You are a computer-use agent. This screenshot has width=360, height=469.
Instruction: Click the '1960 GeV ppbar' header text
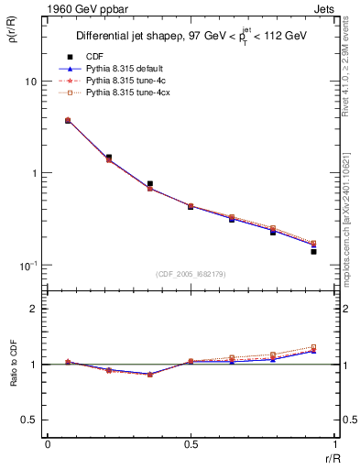point(75,10)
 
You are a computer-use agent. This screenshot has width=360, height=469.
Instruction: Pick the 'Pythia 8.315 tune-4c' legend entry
point(125,82)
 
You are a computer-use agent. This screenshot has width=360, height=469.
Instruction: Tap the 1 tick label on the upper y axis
point(32,173)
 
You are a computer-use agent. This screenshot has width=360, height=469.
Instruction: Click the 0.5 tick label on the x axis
point(191,445)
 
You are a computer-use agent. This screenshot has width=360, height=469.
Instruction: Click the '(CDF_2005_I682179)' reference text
point(191,274)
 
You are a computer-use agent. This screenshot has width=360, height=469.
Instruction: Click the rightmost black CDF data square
point(312,251)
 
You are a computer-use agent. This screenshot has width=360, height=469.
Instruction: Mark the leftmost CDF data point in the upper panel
point(68,120)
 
